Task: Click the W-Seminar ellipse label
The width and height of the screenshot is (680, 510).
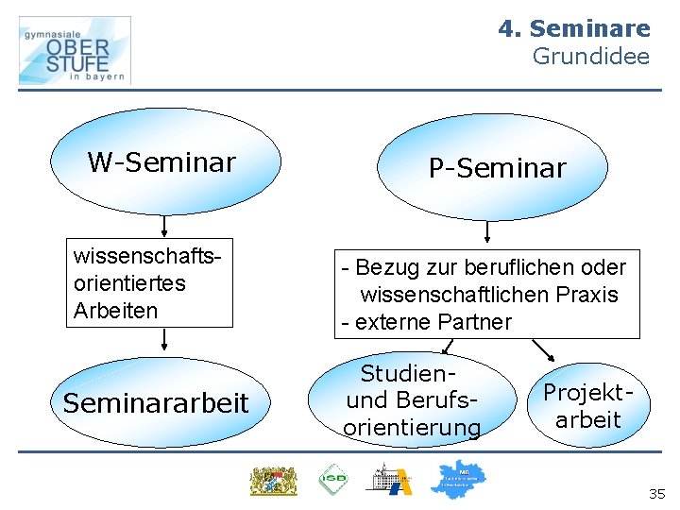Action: pyautogui.click(x=161, y=162)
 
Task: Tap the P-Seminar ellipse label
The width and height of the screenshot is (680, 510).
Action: pyautogui.click(x=497, y=168)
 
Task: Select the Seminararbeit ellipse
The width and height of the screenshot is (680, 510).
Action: pyautogui.click(x=156, y=403)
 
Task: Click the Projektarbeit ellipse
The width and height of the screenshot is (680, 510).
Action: pyautogui.click(x=587, y=406)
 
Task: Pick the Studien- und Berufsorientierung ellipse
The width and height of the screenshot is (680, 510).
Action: pyautogui.click(x=412, y=401)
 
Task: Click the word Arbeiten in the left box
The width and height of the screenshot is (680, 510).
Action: pyautogui.click(x=115, y=311)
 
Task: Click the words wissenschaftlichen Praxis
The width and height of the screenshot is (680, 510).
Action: pyautogui.click(x=489, y=295)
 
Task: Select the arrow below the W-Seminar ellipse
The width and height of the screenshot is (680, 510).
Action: pyautogui.click(x=165, y=226)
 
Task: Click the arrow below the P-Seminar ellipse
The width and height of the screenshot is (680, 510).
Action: pyautogui.click(x=488, y=232)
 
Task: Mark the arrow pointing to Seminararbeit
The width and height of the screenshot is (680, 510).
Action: pyautogui.click(x=165, y=340)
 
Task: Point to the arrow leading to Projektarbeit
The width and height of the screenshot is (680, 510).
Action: pyautogui.click(x=545, y=351)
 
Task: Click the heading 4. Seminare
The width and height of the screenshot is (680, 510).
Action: pyautogui.click(x=574, y=29)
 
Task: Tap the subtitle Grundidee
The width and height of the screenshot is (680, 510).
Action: pyautogui.click(x=591, y=57)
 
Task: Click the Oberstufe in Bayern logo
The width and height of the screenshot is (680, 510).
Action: pyautogui.click(x=75, y=51)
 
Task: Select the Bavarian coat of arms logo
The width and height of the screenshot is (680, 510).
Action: pyautogui.click(x=273, y=480)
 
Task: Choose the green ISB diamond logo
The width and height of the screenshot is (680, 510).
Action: pyautogui.click(x=332, y=480)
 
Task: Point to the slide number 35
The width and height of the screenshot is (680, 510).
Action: pyautogui.click(x=656, y=494)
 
